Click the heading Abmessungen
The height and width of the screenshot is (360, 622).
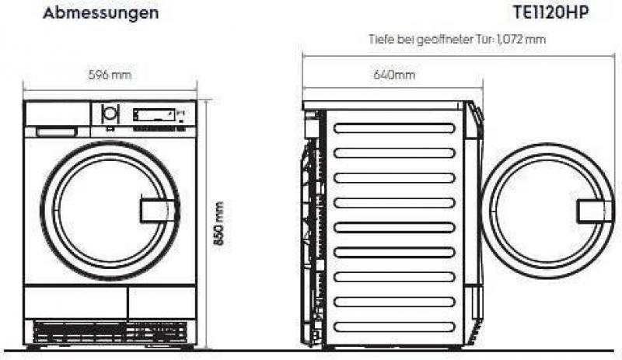click(101, 13)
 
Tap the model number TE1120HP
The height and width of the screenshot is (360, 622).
click(550, 12)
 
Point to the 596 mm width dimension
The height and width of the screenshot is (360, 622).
click(110, 75)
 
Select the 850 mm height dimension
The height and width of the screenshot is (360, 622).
click(219, 223)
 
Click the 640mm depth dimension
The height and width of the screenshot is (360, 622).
click(394, 75)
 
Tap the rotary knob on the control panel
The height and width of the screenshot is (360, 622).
click(110, 114)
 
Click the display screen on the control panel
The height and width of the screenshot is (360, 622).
click(154, 115)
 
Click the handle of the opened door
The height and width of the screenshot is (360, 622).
click(595, 211)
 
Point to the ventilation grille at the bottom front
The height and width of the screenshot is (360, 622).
click(110, 332)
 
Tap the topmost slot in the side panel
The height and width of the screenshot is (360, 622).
click(394, 128)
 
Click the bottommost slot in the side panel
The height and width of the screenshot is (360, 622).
click(394, 327)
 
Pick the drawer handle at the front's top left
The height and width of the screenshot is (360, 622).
click(56, 131)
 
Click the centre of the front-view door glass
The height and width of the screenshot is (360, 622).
click(110, 210)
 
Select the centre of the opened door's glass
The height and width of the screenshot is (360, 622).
click(547, 211)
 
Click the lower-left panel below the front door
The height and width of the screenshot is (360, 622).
click(75, 302)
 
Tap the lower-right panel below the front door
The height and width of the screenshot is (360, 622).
click(162, 302)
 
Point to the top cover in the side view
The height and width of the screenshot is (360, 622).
click(383, 106)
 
